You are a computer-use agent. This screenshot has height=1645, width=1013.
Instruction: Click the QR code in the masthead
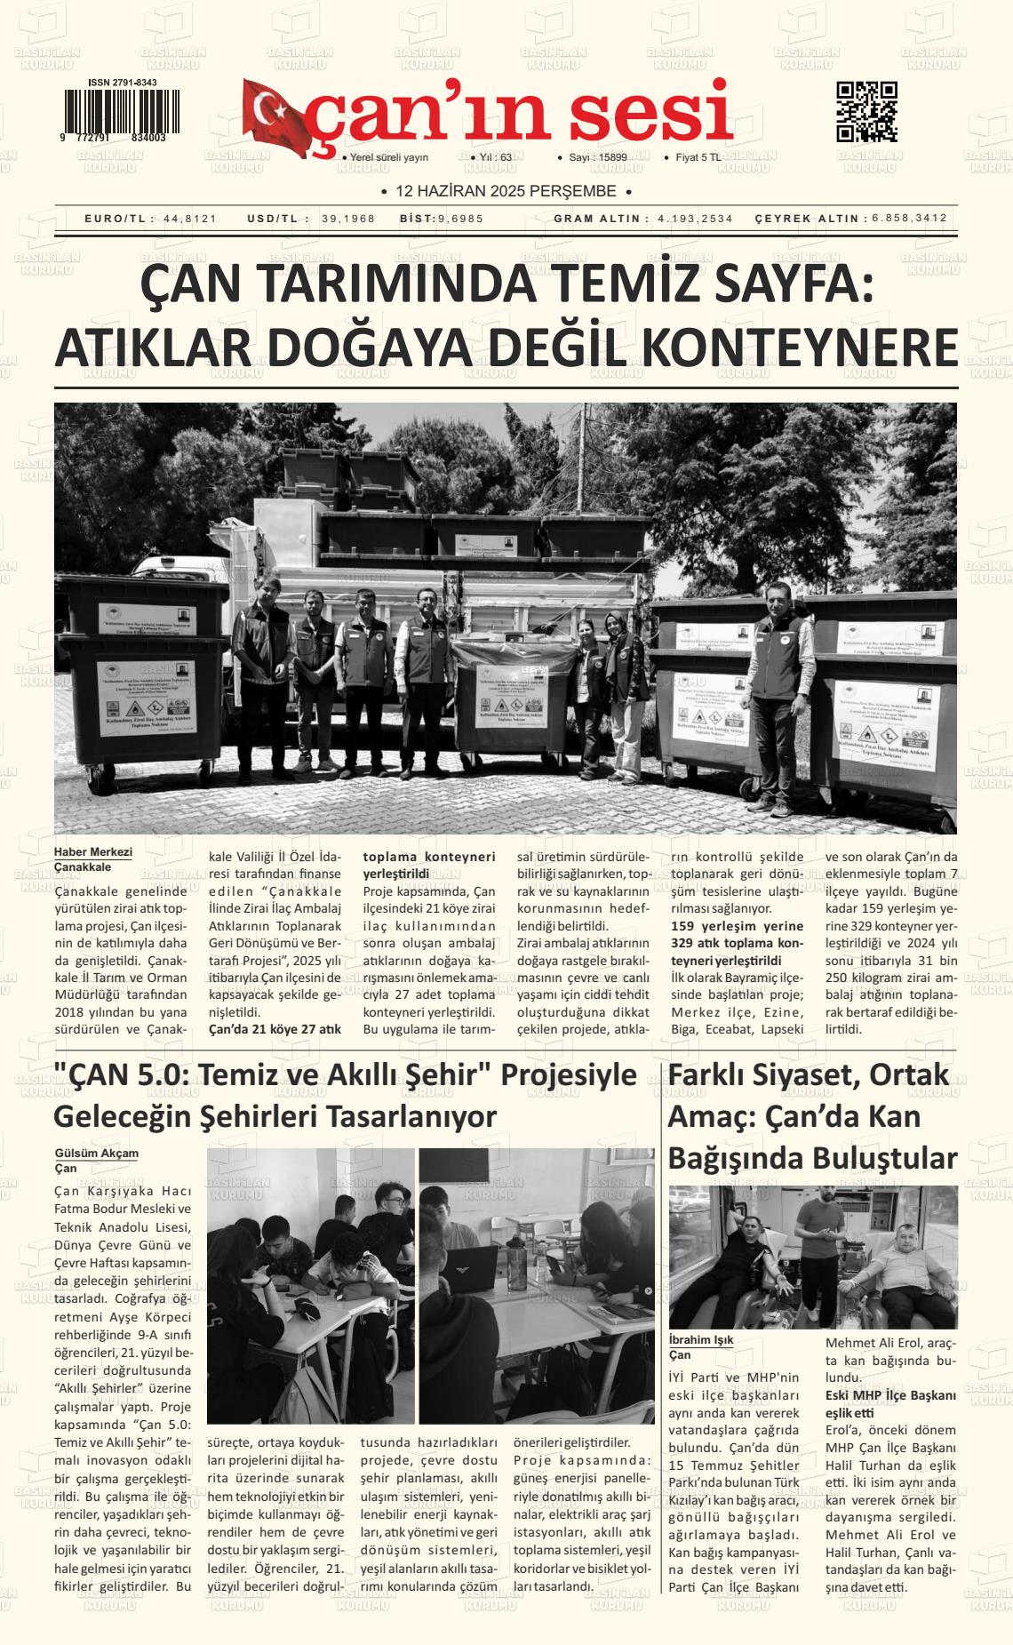tap(866, 112)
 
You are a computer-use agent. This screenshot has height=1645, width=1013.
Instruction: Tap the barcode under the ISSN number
tap(119, 110)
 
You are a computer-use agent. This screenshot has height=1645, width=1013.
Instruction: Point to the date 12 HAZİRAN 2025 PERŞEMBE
tap(506, 191)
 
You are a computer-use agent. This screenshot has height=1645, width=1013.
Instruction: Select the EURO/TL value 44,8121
tap(190, 219)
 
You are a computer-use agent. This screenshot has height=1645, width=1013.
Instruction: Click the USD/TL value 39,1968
tap(348, 219)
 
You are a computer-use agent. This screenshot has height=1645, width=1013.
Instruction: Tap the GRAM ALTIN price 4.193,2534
tap(696, 219)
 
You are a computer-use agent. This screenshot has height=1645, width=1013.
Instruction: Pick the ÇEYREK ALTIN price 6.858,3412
tap(909, 218)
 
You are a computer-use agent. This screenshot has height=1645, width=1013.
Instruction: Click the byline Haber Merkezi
tap(92, 851)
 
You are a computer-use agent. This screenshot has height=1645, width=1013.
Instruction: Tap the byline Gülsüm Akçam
tap(96, 1153)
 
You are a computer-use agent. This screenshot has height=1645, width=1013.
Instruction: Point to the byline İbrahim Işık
tap(701, 1339)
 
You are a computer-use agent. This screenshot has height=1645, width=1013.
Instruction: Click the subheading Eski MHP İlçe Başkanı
tap(890, 1395)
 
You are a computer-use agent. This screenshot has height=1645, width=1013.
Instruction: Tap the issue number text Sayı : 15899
tap(598, 157)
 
